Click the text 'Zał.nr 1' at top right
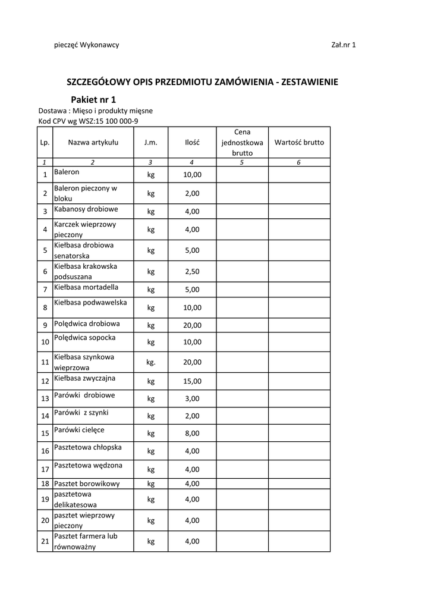343,45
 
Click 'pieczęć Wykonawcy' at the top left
86,45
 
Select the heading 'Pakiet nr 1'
93,99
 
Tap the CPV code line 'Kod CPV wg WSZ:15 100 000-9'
89,121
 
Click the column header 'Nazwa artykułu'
93,142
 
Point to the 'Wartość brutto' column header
299,142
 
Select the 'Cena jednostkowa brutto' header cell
242,142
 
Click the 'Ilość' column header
192,143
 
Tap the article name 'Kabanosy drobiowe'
86,209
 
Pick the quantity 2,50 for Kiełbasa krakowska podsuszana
192,271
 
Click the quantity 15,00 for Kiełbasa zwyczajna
192,381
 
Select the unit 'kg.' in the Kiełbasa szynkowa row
151,362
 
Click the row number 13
45,399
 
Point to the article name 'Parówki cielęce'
79,429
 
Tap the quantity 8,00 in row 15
192,434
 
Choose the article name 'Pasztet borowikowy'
87,484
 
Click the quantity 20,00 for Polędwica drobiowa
192,325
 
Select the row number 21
45,541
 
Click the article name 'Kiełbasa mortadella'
86,288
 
